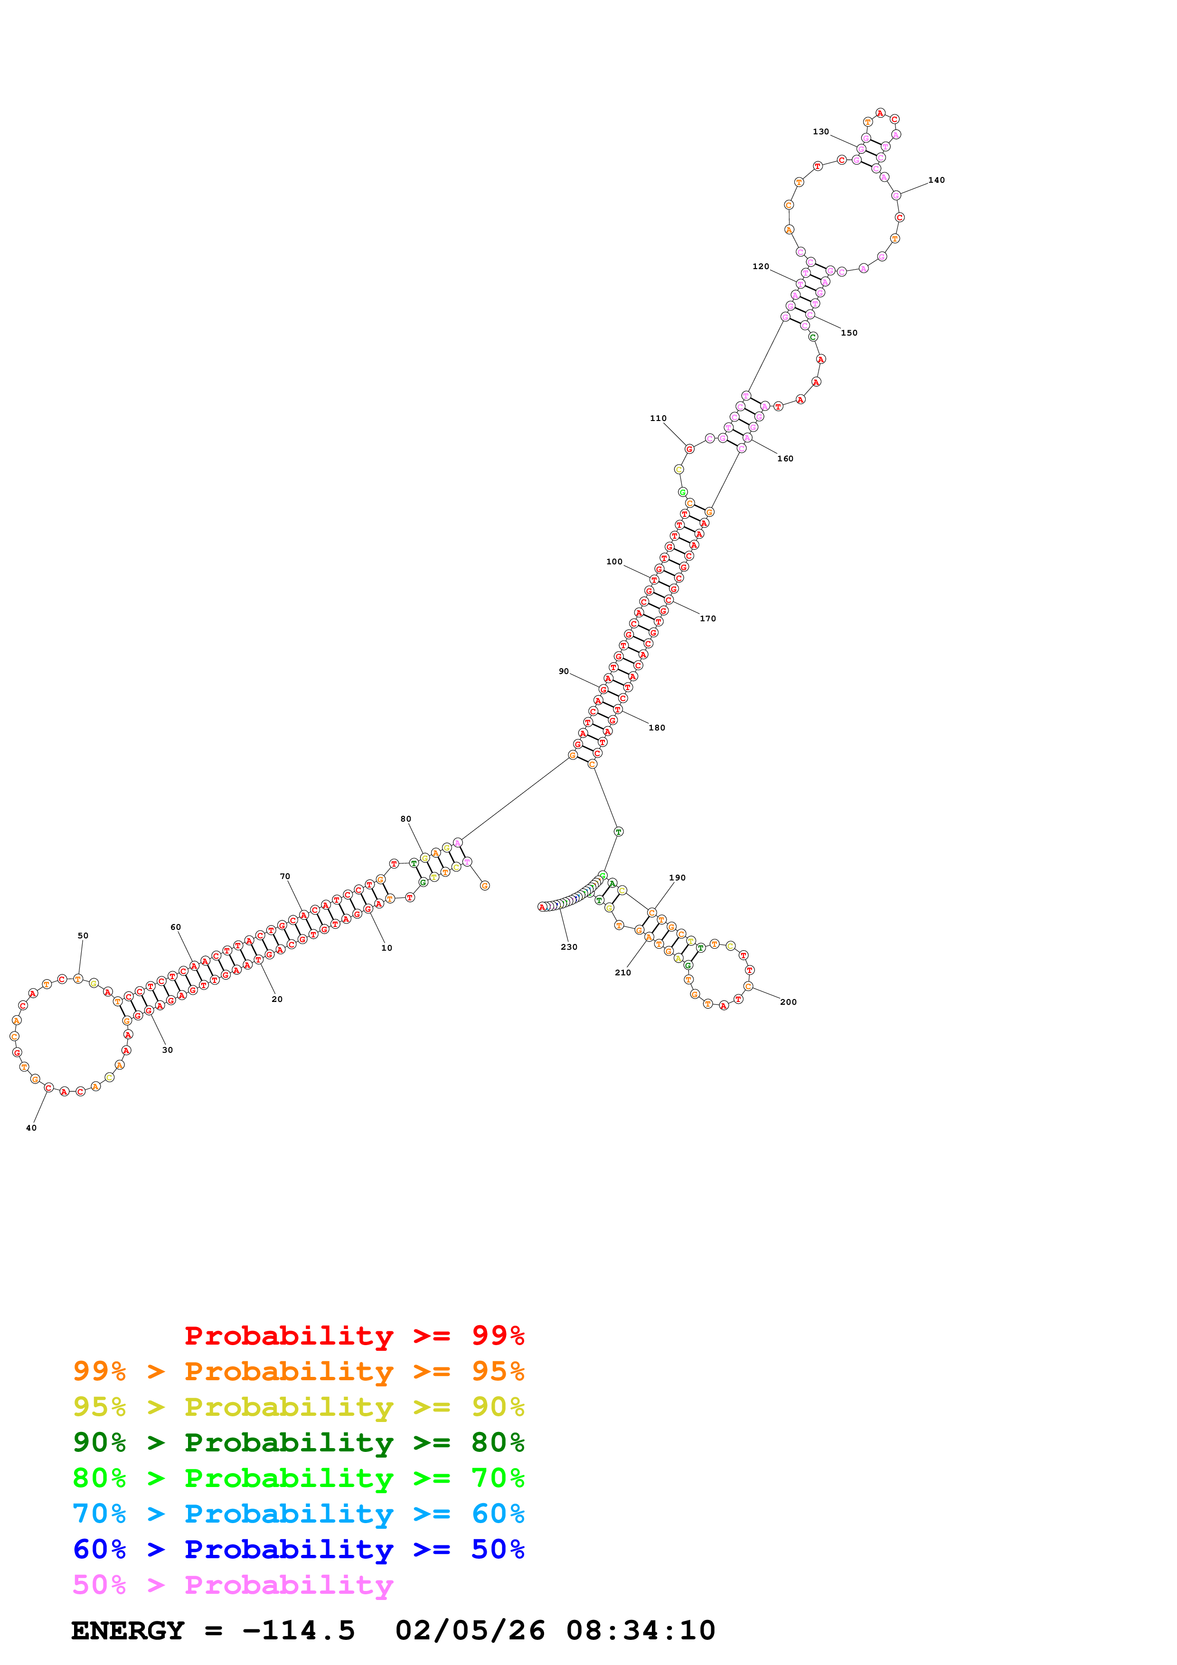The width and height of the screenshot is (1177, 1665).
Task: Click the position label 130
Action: coord(820,132)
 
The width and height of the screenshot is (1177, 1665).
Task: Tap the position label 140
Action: coord(936,180)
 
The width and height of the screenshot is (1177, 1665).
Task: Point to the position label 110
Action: coord(658,419)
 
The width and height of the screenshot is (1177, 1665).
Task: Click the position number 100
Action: coord(614,562)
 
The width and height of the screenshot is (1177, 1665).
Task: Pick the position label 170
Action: coord(708,618)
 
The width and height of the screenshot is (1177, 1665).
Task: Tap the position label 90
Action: coord(564,672)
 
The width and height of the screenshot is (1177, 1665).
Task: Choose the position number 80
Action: coord(405,819)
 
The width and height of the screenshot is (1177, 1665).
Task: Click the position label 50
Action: coord(83,936)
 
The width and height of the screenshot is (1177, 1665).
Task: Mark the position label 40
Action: coord(31,1128)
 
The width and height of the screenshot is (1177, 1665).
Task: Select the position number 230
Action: coord(568,947)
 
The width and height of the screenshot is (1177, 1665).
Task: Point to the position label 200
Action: coord(788,1002)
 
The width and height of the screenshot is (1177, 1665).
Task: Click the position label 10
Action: coord(386,948)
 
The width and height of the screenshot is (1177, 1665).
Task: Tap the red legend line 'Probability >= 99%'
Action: coord(354,1335)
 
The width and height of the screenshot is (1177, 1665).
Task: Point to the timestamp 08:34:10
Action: coord(640,1631)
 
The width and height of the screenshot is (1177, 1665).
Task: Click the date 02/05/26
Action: coord(470,1631)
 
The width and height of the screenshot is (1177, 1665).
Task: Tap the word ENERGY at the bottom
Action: coord(128,1631)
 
